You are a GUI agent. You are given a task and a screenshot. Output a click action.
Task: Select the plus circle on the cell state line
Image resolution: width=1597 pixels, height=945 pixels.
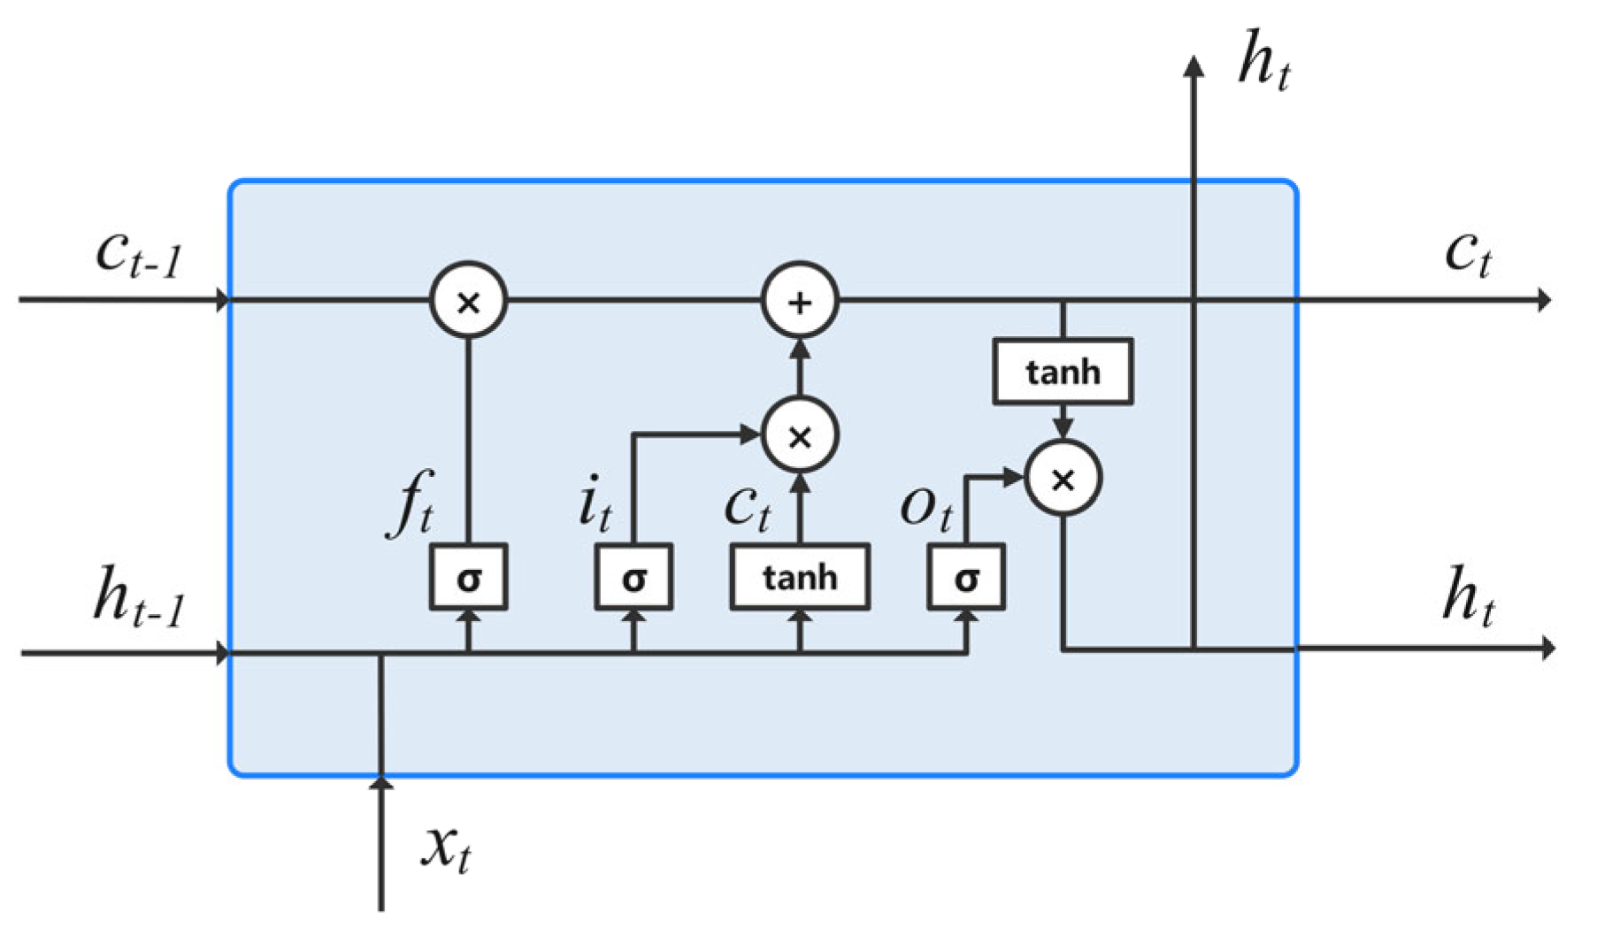pyautogui.click(x=800, y=301)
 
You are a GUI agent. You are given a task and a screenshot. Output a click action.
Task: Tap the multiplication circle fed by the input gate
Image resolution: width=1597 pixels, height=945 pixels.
pyautogui.click(x=800, y=434)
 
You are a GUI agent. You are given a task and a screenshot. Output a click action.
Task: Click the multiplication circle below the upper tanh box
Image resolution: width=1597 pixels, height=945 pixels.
pyautogui.click(x=1063, y=478)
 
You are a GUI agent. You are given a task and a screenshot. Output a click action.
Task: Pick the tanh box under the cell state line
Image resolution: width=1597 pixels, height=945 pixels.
pyautogui.click(x=1063, y=372)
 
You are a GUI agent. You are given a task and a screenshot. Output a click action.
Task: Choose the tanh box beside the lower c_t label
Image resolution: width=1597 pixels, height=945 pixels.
pyautogui.click(x=800, y=577)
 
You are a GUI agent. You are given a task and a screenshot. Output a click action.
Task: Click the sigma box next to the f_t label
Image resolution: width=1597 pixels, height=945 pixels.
pyautogui.click(x=468, y=578)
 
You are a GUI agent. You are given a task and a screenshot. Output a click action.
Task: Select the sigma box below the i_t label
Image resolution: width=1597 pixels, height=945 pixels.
pyautogui.click(x=633, y=578)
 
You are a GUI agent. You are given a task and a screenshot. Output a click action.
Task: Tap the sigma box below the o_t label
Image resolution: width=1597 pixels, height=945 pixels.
pyautogui.click(x=966, y=578)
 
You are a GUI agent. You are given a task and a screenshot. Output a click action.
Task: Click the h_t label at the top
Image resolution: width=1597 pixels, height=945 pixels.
pyautogui.click(x=1263, y=60)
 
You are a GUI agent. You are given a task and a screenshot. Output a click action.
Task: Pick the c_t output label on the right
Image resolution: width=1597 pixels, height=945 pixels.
pyautogui.click(x=1468, y=254)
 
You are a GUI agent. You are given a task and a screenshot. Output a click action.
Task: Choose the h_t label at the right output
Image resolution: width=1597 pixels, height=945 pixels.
pyautogui.click(x=1468, y=596)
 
